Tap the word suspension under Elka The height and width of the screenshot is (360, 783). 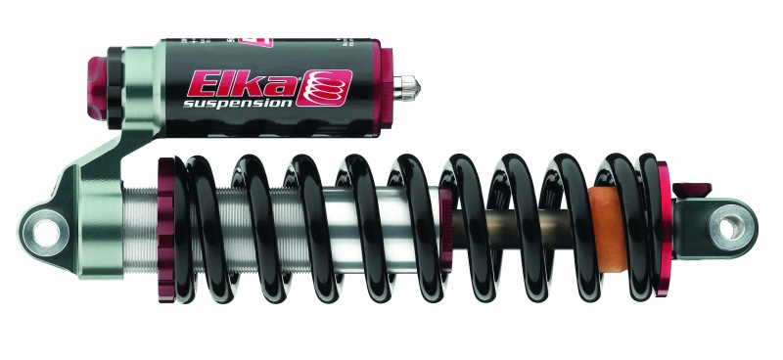[x=238, y=102]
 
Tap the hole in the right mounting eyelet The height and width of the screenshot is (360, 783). [x=729, y=227]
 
